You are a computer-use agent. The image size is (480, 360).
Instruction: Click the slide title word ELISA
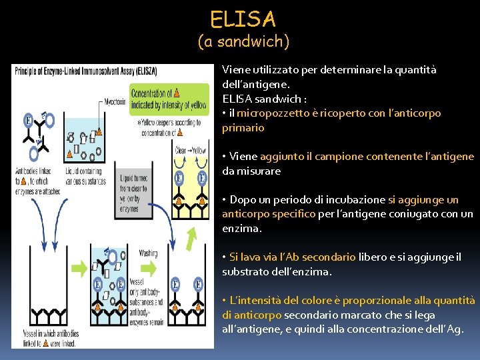tap(243, 18)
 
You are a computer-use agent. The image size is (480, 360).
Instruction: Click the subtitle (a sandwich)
tap(243, 42)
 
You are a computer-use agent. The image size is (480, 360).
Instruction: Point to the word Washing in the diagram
tap(149, 253)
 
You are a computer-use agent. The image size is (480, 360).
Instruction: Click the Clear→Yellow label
tap(189, 150)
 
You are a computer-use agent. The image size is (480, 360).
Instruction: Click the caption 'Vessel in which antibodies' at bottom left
tap(49, 333)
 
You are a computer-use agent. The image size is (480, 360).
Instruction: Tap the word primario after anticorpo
tap(243, 127)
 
